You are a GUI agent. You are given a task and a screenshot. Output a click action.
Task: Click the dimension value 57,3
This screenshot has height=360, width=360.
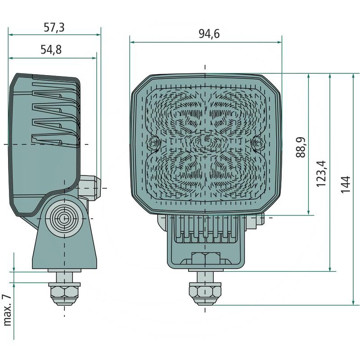(54, 28)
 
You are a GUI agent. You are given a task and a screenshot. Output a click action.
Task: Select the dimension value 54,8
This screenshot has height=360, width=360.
(51, 50)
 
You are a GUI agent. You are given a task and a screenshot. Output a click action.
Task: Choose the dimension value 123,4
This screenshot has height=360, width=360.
(322, 173)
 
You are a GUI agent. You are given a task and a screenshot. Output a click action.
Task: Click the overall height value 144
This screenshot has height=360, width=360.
(345, 184)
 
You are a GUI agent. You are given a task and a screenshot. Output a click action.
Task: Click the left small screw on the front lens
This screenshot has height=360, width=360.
(154, 144)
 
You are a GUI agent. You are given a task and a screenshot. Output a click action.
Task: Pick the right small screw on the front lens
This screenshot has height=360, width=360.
(258, 144)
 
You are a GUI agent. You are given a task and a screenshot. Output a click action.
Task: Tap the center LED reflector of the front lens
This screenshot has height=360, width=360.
(206, 143)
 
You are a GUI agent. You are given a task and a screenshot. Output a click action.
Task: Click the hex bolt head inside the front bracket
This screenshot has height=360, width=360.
(206, 260)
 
